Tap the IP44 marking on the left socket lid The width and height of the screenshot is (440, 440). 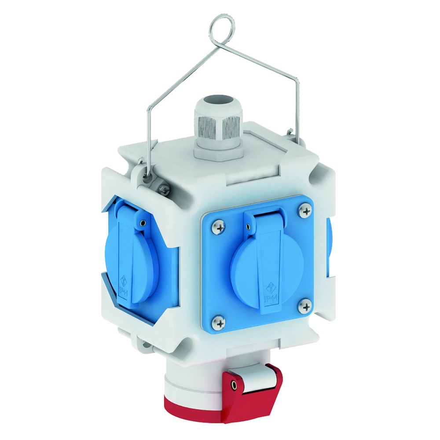tap(124, 289)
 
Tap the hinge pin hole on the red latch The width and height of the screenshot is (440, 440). tap(234, 386)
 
